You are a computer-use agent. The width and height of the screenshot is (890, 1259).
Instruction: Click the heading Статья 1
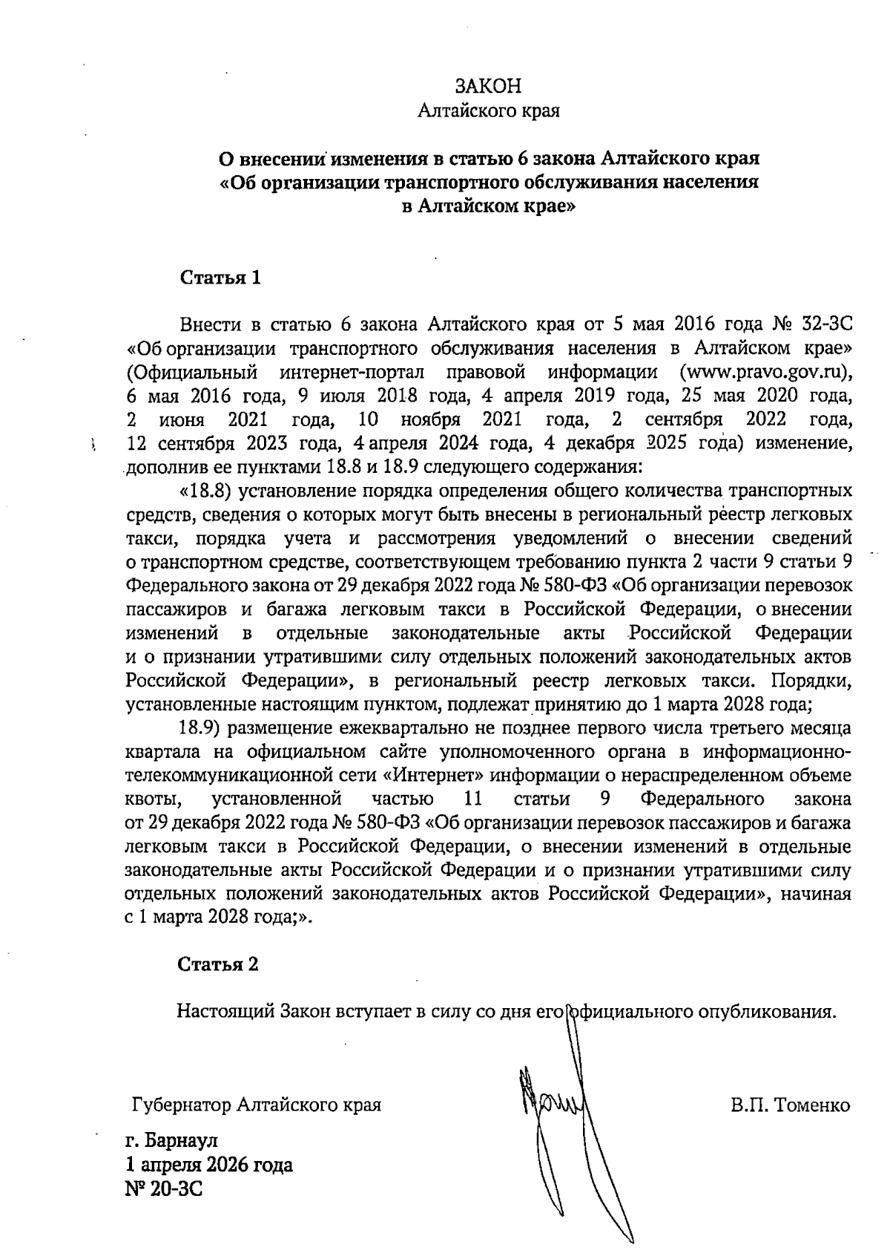coord(221,278)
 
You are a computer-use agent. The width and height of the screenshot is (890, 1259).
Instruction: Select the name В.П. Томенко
coord(790,1105)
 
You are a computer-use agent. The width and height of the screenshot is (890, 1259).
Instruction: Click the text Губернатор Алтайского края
coord(256,1105)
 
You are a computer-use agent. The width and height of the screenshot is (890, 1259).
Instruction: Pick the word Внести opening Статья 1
coord(211,325)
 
